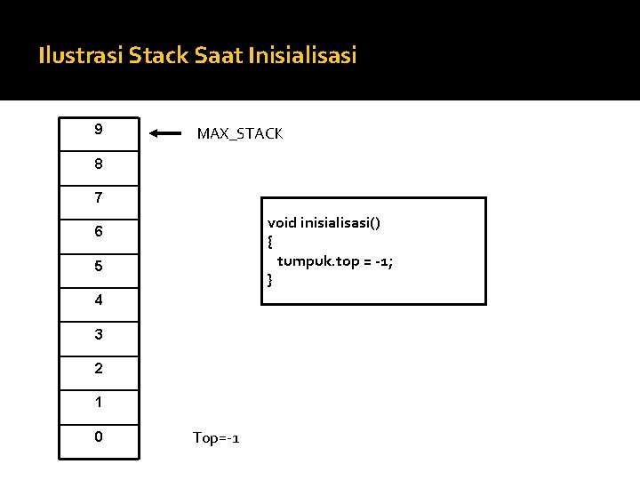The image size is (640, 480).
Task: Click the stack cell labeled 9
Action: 99,132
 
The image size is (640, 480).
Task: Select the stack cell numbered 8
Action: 99,166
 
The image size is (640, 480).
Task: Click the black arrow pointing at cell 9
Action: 165,134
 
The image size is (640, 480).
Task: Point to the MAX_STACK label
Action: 240,134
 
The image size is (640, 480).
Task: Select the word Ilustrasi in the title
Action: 81,56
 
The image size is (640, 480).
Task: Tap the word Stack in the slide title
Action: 158,56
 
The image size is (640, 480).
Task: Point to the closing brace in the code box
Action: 270,280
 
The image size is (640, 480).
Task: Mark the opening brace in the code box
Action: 270,242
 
